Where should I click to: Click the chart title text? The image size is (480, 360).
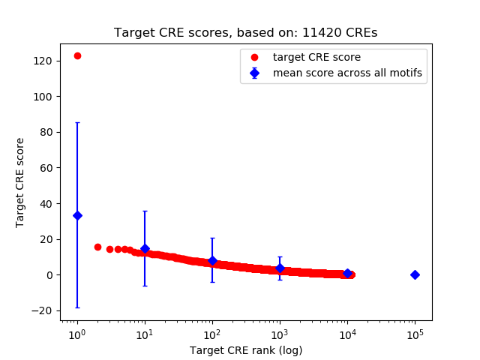click(x=246, y=33)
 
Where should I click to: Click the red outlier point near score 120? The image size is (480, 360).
click(x=77, y=55)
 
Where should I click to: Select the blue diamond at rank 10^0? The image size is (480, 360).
click(x=77, y=215)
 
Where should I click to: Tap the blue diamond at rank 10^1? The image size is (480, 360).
click(x=145, y=248)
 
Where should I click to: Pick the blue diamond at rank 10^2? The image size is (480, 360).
click(x=212, y=261)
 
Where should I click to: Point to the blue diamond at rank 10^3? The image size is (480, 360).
click(x=280, y=268)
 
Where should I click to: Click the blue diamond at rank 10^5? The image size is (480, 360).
click(x=415, y=274)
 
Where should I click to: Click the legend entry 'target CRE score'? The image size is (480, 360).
click(x=316, y=57)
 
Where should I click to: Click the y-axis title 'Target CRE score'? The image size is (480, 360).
click(x=20, y=182)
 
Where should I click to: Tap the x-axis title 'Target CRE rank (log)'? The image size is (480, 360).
click(x=246, y=350)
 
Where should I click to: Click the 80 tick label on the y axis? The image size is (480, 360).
click(x=48, y=132)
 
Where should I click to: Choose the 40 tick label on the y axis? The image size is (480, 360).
click(x=48, y=203)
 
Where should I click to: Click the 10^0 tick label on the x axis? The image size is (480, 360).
click(x=77, y=332)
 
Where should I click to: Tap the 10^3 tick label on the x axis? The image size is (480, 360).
click(x=280, y=332)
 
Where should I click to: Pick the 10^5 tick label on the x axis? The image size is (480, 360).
click(x=415, y=332)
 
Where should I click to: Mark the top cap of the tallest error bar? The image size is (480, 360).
click(x=77, y=122)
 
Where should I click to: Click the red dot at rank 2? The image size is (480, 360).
click(x=97, y=247)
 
